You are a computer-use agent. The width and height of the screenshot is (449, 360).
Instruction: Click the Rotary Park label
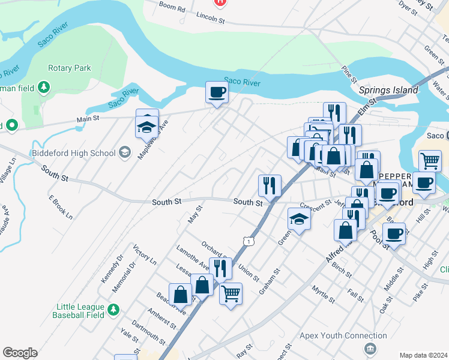coord(70,68)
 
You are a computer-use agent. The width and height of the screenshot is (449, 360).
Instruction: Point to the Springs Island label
coord(388,90)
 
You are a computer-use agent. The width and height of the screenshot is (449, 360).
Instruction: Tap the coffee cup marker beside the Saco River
coord(217,93)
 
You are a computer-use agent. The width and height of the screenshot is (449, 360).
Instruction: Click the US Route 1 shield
coord(247,241)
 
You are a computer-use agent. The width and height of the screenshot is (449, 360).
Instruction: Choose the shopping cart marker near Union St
coord(231,294)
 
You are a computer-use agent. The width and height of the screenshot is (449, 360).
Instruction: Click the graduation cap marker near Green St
coord(299,220)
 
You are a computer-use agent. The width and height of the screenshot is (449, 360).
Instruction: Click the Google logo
coord(20,353)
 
